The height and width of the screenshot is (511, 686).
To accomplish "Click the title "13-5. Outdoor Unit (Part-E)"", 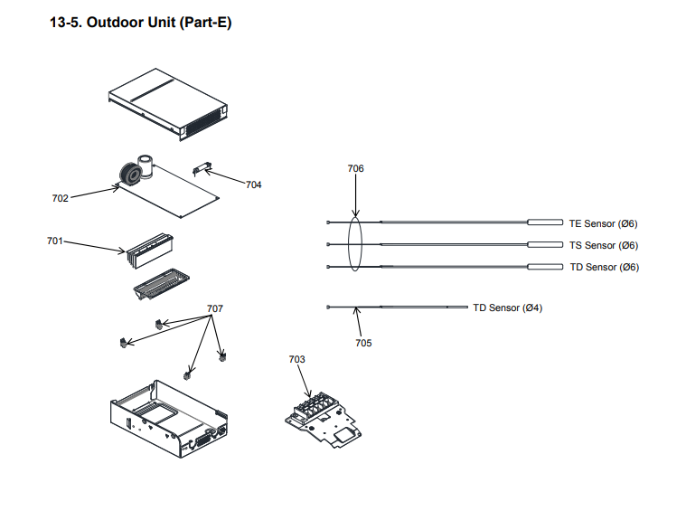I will point(140,23).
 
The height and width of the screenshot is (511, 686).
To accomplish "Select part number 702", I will point(60,198).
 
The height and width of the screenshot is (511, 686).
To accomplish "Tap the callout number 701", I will point(54,241).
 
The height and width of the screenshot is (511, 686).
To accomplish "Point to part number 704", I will point(253,185).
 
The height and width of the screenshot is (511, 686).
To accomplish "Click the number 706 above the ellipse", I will point(355,169).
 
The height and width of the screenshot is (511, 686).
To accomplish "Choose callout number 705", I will point(362,343).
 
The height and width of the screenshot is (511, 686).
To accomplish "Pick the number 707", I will point(214,309).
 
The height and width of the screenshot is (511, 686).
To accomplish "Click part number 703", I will point(297,359).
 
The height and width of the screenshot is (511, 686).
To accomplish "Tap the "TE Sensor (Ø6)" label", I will point(603,223).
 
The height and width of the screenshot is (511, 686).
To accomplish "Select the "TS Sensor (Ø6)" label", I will point(603,245).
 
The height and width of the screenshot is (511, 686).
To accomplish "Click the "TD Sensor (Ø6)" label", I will point(603,267).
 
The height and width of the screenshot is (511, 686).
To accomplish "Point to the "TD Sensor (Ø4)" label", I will point(507,308).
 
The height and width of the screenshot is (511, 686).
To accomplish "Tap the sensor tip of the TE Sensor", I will point(546,222).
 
